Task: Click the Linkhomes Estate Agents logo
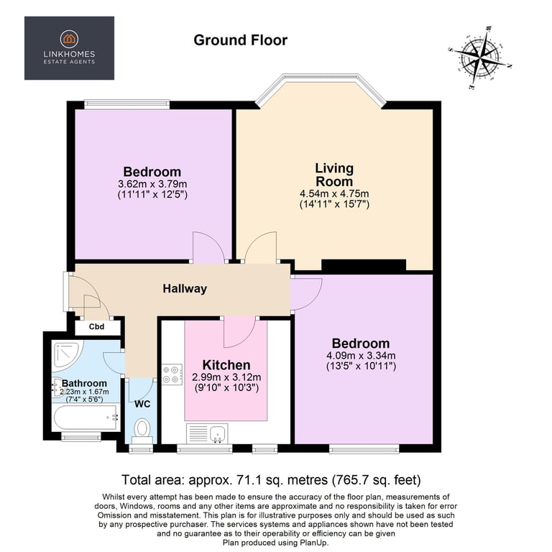[69, 48]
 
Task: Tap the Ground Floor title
[240, 40]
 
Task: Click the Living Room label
[334, 175]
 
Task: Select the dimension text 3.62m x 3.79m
[152, 183]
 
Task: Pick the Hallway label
[185, 289]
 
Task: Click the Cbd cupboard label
[96, 328]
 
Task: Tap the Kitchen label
[226, 365]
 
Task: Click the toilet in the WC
[142, 428]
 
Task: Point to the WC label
[142, 403]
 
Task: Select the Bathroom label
[84, 383]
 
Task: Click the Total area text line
[272, 480]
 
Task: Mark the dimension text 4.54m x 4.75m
[334, 193]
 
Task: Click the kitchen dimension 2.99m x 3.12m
[226, 377]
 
